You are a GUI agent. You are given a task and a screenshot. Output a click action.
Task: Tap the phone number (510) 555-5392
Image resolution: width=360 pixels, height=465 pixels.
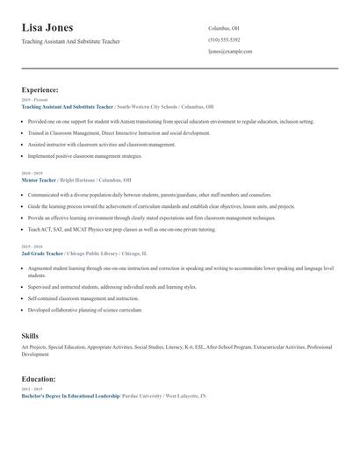pos(224,40)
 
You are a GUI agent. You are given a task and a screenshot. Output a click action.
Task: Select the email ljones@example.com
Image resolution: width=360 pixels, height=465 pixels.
pos(230,52)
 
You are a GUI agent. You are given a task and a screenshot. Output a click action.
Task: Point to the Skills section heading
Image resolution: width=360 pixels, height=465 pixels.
pos(30,336)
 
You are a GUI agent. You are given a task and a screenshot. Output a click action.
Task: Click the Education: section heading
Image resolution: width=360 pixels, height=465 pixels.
pos(39,379)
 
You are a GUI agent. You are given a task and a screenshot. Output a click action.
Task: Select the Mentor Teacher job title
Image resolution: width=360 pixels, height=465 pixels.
pos(39,180)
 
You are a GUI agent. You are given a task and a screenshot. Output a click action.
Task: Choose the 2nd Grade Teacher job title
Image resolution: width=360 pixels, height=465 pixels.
pos(42,253)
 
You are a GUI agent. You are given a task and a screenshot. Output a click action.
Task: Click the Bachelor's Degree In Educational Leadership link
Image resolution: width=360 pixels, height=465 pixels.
pos(69,397)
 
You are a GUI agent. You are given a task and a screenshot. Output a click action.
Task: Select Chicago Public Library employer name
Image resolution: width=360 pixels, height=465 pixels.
pos(93,253)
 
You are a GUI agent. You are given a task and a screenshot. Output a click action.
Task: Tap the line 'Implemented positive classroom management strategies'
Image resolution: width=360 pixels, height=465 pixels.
pos(84,156)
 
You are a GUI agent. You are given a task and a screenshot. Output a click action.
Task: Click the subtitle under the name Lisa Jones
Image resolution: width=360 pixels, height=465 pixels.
pos(70,41)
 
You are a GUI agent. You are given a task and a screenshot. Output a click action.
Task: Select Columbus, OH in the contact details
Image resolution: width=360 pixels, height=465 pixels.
pos(223,28)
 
